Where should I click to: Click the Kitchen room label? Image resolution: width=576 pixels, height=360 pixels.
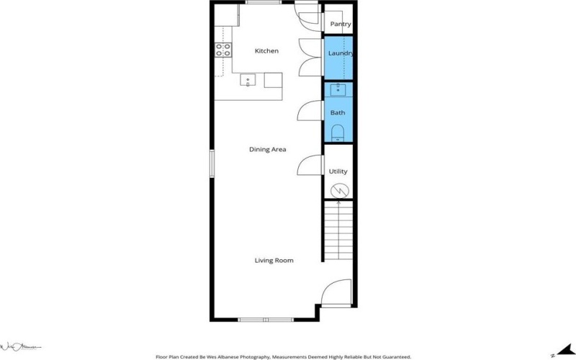click(266, 51)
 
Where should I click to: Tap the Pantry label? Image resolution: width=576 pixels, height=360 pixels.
click(340, 24)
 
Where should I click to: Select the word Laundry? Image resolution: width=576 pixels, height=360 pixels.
click(339, 54)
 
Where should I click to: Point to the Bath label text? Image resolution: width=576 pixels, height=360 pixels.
click(338, 113)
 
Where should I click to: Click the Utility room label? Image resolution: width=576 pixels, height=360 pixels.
click(338, 171)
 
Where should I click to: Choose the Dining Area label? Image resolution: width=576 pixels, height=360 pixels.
click(268, 150)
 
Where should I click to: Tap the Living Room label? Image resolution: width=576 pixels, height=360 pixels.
click(274, 261)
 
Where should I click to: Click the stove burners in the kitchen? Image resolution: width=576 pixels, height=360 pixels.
click(223, 50)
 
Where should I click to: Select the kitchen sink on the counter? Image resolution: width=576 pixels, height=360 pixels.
click(247, 80)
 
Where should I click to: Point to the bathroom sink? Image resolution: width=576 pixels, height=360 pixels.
click(338, 90)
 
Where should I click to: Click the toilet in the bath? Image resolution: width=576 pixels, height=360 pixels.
click(338, 132)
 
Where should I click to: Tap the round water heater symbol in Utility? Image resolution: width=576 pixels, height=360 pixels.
click(338, 191)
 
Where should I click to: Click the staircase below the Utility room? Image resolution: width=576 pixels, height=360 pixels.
click(338, 230)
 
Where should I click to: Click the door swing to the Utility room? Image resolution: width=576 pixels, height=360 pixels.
click(310, 165)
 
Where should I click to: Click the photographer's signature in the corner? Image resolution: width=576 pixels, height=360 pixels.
click(22, 346)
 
